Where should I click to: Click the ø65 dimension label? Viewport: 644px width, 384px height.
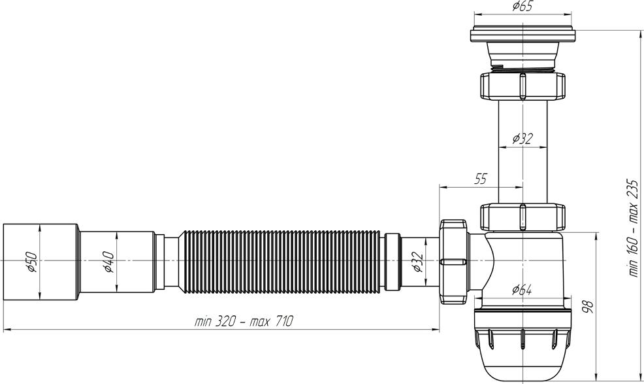[523, 7]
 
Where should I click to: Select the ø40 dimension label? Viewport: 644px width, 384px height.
[109, 262]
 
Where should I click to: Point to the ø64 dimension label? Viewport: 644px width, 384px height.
[522, 290]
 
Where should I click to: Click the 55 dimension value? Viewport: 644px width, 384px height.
[481, 179]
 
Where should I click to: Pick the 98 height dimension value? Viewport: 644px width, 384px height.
[588, 307]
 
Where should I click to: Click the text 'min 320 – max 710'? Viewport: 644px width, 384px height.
[244, 321]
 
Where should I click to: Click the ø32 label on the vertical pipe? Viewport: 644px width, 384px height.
[523, 139]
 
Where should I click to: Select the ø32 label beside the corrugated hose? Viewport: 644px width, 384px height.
[417, 262]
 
